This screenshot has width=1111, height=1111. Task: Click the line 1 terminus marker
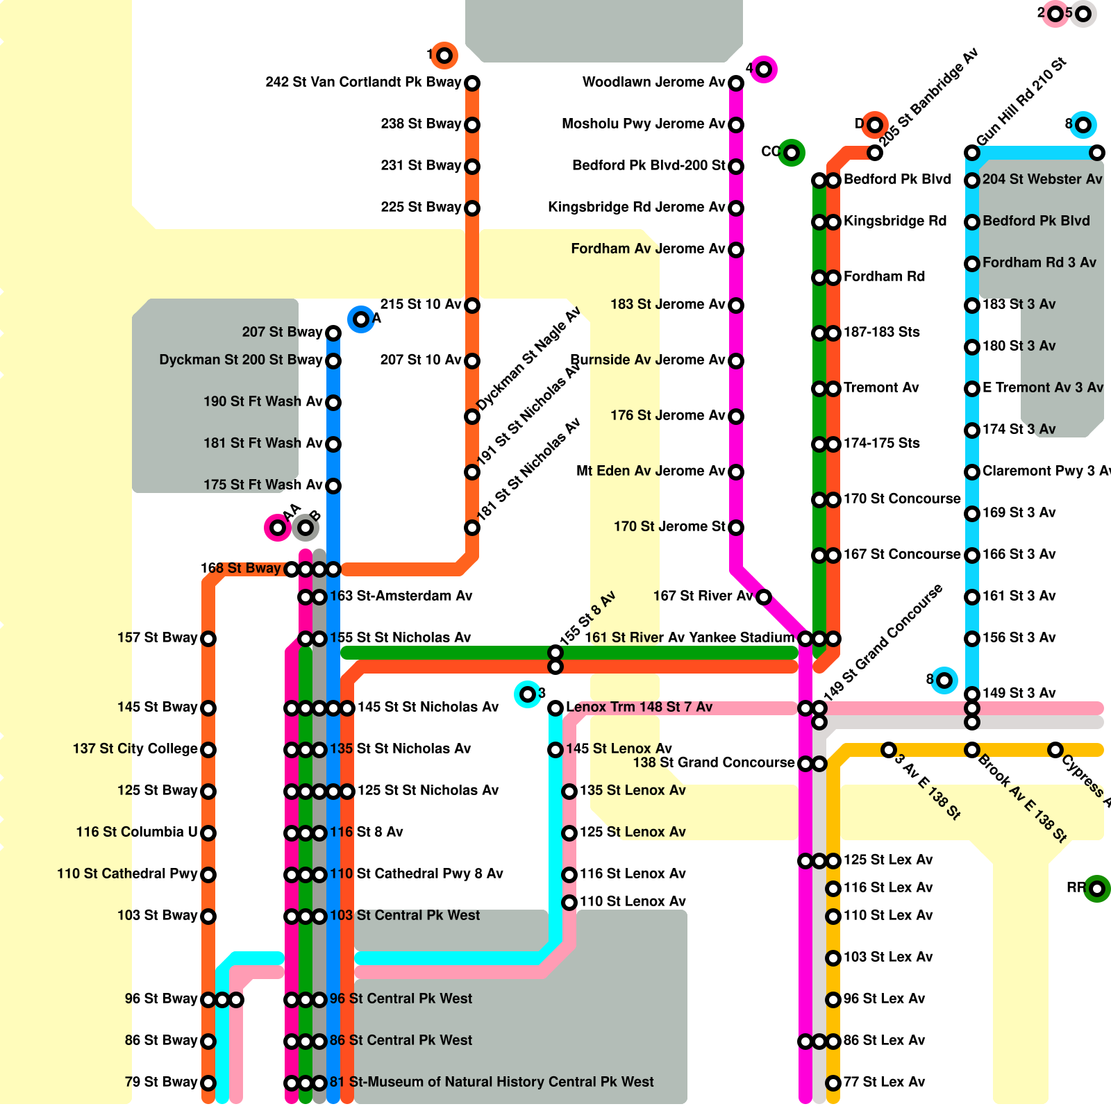pyautogui.click(x=444, y=55)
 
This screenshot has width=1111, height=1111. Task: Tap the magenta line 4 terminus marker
pyautogui.click(x=764, y=69)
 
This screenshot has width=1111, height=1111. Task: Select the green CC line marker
pyautogui.click(x=792, y=152)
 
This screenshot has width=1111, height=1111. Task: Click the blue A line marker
pyautogui.click(x=361, y=319)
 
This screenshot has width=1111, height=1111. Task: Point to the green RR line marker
pyautogui.click(x=1097, y=888)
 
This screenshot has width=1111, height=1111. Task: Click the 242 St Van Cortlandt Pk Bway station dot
pyautogui.click(x=472, y=83)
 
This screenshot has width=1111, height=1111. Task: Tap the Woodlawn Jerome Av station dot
pyautogui.click(x=736, y=83)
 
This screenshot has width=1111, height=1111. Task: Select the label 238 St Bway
pyautogui.click(x=421, y=124)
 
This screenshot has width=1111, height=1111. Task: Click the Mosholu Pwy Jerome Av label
pyautogui.click(x=643, y=124)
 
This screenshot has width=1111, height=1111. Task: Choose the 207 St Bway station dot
pyautogui.click(x=333, y=333)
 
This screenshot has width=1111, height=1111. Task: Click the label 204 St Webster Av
pyautogui.click(x=1042, y=179)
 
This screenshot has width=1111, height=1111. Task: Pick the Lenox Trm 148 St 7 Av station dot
pyautogui.click(x=555, y=708)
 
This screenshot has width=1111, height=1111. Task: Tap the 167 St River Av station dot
pyautogui.click(x=764, y=597)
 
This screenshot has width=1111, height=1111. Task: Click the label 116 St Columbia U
pyautogui.click(x=137, y=832)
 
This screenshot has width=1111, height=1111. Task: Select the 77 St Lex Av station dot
pyautogui.click(x=833, y=1083)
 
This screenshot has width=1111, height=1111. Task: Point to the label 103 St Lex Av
pyautogui.click(x=888, y=957)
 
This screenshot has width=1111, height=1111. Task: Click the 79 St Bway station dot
pyautogui.click(x=208, y=1083)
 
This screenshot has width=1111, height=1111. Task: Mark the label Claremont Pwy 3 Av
pyautogui.click(x=1046, y=471)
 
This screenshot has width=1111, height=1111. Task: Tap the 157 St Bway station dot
pyautogui.click(x=208, y=639)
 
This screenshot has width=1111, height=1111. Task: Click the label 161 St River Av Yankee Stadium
pyautogui.click(x=689, y=637)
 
